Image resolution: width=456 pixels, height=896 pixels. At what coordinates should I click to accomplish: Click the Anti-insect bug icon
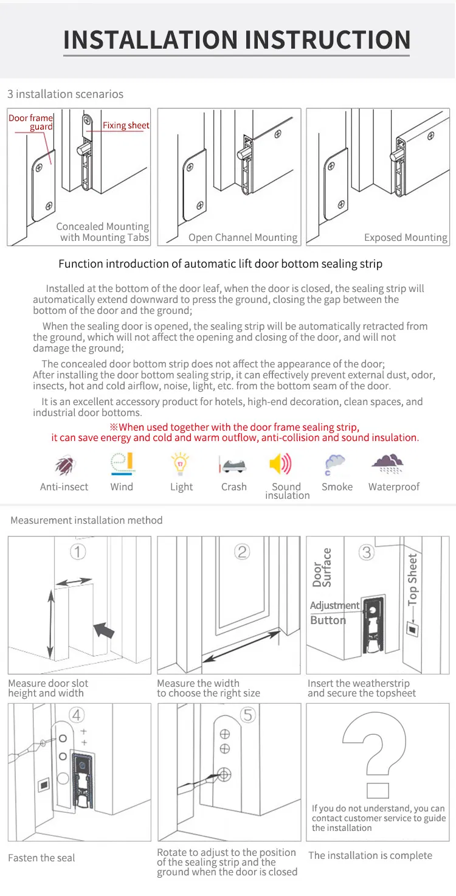point(64,465)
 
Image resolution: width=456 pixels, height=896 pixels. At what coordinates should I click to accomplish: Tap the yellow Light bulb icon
point(180,464)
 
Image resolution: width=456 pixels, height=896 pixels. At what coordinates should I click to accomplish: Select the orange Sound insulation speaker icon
point(280,465)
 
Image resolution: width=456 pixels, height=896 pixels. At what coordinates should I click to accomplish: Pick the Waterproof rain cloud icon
point(387,464)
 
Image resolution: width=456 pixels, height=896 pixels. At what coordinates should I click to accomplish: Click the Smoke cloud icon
point(334,465)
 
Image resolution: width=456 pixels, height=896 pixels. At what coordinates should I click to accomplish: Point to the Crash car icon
point(233,465)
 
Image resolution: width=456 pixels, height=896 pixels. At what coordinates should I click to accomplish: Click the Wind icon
point(122,464)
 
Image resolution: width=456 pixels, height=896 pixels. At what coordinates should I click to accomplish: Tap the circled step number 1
point(78,552)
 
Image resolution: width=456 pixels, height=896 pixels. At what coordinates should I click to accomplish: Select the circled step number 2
point(242,552)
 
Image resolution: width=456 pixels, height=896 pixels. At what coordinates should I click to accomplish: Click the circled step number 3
point(366,552)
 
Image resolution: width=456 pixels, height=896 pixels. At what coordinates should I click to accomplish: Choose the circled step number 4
point(78,714)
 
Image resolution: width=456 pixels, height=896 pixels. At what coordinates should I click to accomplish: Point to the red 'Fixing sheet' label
point(126,125)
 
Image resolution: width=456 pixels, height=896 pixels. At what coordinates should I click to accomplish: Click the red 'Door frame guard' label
point(31,122)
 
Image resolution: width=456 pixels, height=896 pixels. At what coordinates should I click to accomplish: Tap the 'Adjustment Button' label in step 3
point(334,613)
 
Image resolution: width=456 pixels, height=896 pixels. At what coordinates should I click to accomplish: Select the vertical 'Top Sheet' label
point(413,578)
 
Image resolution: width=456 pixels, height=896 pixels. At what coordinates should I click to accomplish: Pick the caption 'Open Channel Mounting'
point(243,238)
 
